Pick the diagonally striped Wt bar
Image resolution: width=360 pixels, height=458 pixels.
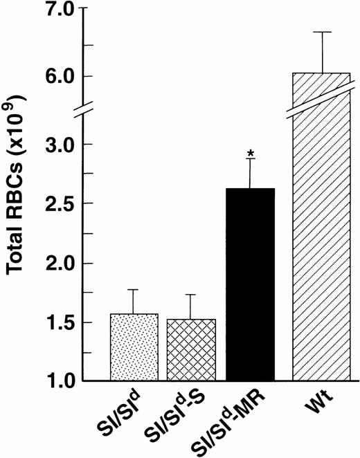pyautogui.click(x=312, y=228)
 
